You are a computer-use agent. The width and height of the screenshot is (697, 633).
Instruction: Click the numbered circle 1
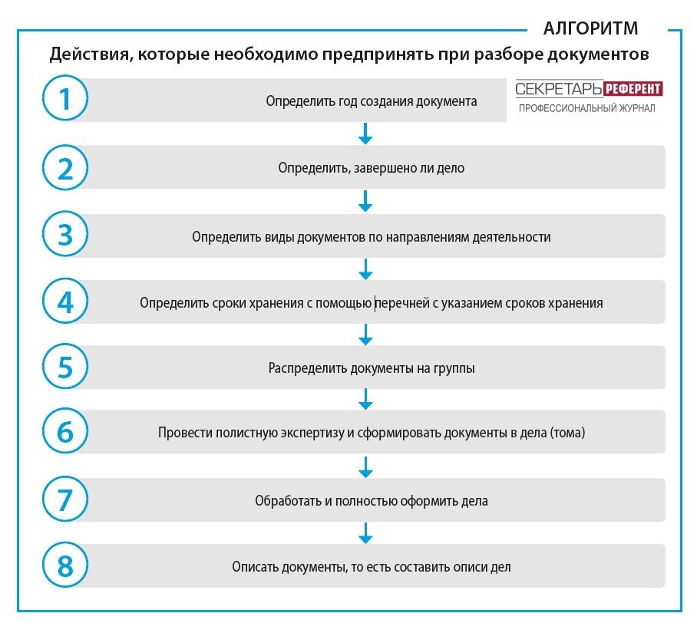[x=65, y=101]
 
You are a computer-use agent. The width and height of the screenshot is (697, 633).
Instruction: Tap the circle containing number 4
[x=65, y=302]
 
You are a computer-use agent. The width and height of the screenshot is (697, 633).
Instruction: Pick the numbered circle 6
[x=65, y=432]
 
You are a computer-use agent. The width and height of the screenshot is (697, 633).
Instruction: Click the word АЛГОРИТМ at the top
[x=590, y=29]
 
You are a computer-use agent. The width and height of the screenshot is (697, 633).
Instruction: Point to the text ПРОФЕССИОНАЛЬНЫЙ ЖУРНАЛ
[x=586, y=109]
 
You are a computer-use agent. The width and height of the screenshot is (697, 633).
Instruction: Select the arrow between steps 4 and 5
[x=365, y=335]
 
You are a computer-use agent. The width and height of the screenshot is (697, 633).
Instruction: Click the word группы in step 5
[x=456, y=368]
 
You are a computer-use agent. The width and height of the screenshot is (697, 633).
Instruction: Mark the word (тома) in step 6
[x=567, y=434]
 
